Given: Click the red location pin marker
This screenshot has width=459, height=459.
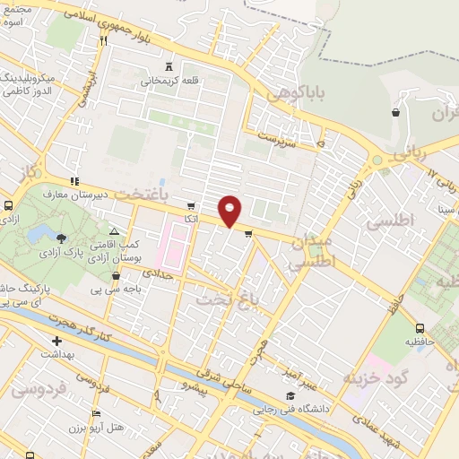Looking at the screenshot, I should point(230,211).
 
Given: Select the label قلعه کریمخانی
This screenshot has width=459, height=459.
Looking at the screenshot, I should point(168,81).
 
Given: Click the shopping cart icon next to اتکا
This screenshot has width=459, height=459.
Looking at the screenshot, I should point(191,206).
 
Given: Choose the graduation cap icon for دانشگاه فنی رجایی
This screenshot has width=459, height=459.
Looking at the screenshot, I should point(290,395).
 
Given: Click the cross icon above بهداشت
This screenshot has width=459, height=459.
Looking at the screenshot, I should point(57,341).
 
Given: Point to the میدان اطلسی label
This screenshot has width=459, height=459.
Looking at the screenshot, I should point(311,251).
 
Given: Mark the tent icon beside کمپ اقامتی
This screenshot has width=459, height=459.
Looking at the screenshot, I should point(114,230).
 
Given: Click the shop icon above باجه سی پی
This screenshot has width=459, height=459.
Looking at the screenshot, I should point(116,276).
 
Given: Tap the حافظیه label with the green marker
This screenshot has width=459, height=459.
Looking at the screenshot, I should point(418,342).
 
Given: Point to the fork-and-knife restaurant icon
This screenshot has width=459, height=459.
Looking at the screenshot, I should point(103,40).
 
